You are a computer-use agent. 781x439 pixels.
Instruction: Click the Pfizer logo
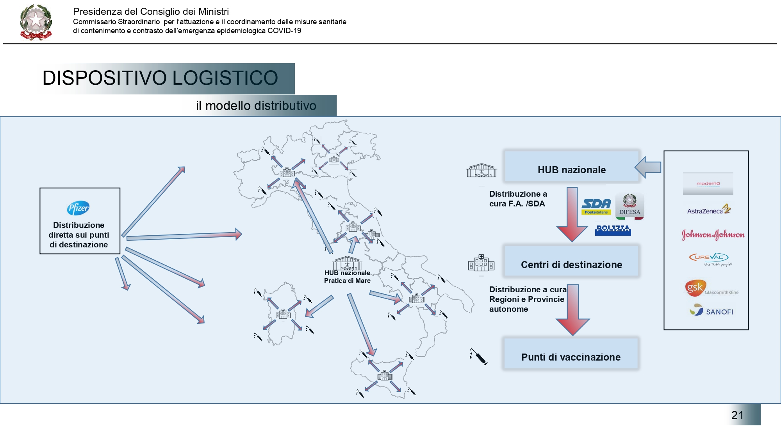78,208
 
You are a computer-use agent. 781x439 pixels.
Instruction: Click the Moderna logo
708,183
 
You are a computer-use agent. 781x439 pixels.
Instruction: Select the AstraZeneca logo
708,210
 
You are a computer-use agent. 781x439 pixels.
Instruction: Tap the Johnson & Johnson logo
713,235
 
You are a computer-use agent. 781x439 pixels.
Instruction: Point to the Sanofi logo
711,311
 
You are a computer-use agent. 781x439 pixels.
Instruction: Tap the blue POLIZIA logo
613,229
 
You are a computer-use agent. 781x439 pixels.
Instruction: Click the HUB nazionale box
572,170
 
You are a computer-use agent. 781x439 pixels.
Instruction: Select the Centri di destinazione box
571,265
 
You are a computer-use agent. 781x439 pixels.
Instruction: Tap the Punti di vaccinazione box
571,357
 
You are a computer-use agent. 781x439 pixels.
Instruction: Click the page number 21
737,415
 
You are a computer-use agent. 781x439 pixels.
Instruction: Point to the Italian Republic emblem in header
36,23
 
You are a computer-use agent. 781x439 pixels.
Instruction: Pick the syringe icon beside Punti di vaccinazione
478,356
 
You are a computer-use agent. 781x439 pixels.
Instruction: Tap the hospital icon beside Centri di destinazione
481,263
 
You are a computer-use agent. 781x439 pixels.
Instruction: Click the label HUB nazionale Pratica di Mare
347,277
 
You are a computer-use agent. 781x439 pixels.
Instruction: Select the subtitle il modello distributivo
256,106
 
